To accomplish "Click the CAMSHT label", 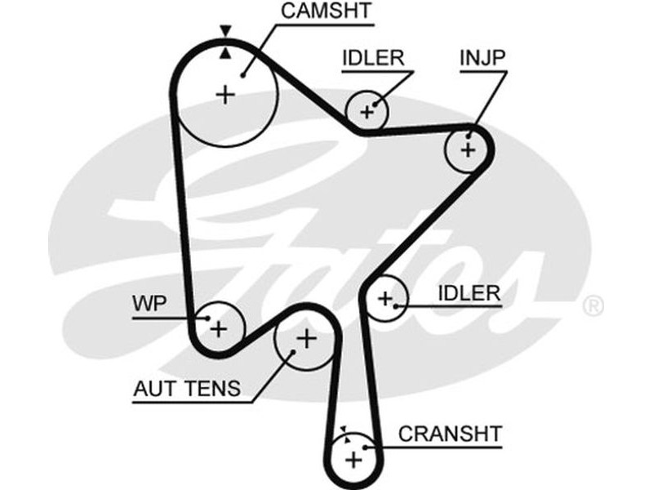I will pos(326,11).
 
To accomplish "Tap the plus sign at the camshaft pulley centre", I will pos(224,95).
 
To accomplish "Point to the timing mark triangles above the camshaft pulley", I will pos(225,42).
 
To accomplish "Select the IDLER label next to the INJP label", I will pos(373,59).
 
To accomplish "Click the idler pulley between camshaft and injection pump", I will pos(367,110).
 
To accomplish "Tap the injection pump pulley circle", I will pos(468,149).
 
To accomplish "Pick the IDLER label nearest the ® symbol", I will pos(469,293).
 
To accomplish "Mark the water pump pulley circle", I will pos(218,327).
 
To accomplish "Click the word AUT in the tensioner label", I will pos(154,388).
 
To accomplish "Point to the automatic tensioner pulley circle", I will pos(304,337).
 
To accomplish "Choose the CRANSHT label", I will pos(450,433).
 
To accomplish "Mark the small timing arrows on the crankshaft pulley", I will pos(346,433).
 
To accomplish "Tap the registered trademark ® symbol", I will pos(593,307).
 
